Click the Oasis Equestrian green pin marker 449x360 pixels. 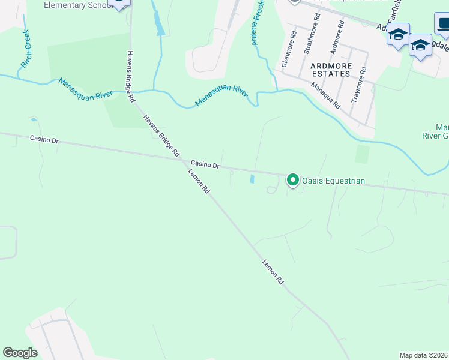(293, 179)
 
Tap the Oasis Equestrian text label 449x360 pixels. (333, 181)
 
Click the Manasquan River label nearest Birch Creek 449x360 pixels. (86, 89)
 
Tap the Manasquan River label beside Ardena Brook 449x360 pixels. (222, 97)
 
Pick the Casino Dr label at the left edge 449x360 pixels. (44, 140)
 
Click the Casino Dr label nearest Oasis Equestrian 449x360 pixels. (205, 164)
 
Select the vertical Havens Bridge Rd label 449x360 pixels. (130, 76)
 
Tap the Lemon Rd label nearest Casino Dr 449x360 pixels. (199, 181)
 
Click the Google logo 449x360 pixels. (20, 353)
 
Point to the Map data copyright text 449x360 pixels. (424, 355)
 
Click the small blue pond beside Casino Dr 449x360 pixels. (252, 179)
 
